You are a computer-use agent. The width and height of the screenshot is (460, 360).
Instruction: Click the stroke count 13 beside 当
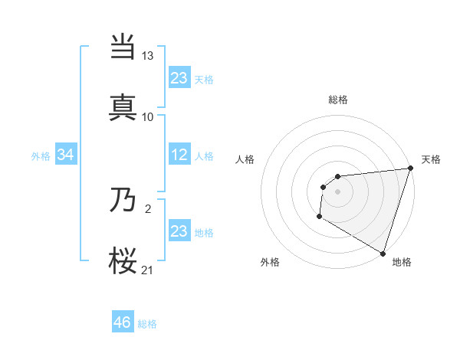(148, 56)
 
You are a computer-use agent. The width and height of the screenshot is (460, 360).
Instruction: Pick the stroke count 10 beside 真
(148, 116)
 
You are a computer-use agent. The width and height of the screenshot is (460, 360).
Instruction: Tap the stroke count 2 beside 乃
(148, 208)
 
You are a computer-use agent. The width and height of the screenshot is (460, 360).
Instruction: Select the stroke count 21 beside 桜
(148, 269)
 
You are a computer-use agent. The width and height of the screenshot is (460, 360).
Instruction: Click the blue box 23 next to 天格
(179, 78)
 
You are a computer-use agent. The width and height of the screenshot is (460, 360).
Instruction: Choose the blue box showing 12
(179, 155)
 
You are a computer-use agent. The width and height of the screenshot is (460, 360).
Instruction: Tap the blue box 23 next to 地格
(179, 231)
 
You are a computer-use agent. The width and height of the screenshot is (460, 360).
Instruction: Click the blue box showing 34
(66, 155)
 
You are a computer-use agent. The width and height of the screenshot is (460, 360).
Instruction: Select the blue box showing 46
(123, 322)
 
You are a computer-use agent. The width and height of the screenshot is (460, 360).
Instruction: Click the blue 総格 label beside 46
(147, 324)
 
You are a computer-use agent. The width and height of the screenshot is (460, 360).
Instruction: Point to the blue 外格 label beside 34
(41, 156)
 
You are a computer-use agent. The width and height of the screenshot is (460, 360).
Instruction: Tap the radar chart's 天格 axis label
(431, 159)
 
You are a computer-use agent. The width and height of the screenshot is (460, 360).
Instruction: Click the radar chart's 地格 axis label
(402, 262)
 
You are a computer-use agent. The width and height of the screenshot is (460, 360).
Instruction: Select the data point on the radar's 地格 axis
(382, 252)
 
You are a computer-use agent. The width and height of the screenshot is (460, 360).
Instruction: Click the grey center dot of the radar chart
(337, 191)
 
